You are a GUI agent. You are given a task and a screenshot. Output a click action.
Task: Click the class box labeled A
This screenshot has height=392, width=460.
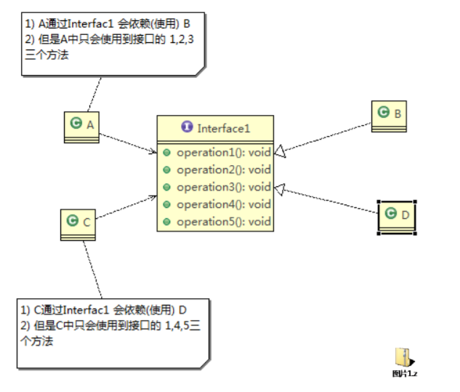[x=81, y=126]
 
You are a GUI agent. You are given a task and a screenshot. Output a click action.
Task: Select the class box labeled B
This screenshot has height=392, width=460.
[x=389, y=115]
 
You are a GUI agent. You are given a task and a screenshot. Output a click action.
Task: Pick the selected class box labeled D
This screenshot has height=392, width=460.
[x=397, y=215]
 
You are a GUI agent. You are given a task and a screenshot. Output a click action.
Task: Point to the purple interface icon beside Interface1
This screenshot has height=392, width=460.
[x=187, y=127]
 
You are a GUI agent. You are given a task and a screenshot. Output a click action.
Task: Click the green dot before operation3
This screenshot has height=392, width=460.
[x=167, y=187]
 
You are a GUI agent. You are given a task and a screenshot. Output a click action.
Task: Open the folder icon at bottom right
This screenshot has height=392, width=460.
[x=404, y=357]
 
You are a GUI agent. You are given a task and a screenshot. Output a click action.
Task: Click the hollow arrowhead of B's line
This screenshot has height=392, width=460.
[x=281, y=152]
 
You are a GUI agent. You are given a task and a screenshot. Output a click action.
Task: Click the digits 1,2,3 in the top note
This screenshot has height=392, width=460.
[x=182, y=39]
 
